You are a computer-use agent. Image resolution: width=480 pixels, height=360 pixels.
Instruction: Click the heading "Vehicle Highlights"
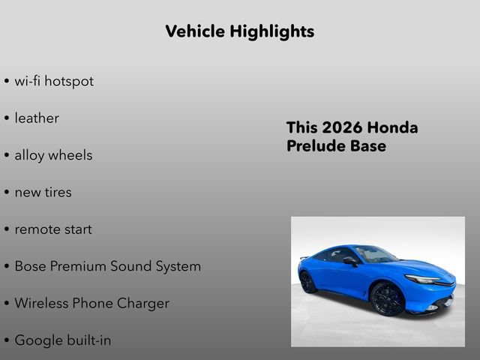239,31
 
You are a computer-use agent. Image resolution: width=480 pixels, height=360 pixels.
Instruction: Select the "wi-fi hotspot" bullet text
54,81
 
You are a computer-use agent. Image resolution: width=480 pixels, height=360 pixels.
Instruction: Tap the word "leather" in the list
37,118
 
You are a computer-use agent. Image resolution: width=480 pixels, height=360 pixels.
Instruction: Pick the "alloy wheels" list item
53,155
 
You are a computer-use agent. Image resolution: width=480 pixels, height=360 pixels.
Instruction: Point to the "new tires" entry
43,192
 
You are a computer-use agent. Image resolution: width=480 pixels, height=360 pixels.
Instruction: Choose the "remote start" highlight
53,229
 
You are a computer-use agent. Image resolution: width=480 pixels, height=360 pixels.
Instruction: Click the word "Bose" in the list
31,266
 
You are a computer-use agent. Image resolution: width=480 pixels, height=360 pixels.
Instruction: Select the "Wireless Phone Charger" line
91,303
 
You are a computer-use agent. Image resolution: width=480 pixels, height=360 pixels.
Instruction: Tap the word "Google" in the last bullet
37,340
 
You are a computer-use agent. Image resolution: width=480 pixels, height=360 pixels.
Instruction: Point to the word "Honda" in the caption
393,127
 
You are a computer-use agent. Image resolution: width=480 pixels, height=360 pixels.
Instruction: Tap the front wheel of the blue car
388,298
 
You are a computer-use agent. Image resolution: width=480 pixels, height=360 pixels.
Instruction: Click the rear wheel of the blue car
308,282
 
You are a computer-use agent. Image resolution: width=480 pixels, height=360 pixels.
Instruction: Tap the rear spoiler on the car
304,257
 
